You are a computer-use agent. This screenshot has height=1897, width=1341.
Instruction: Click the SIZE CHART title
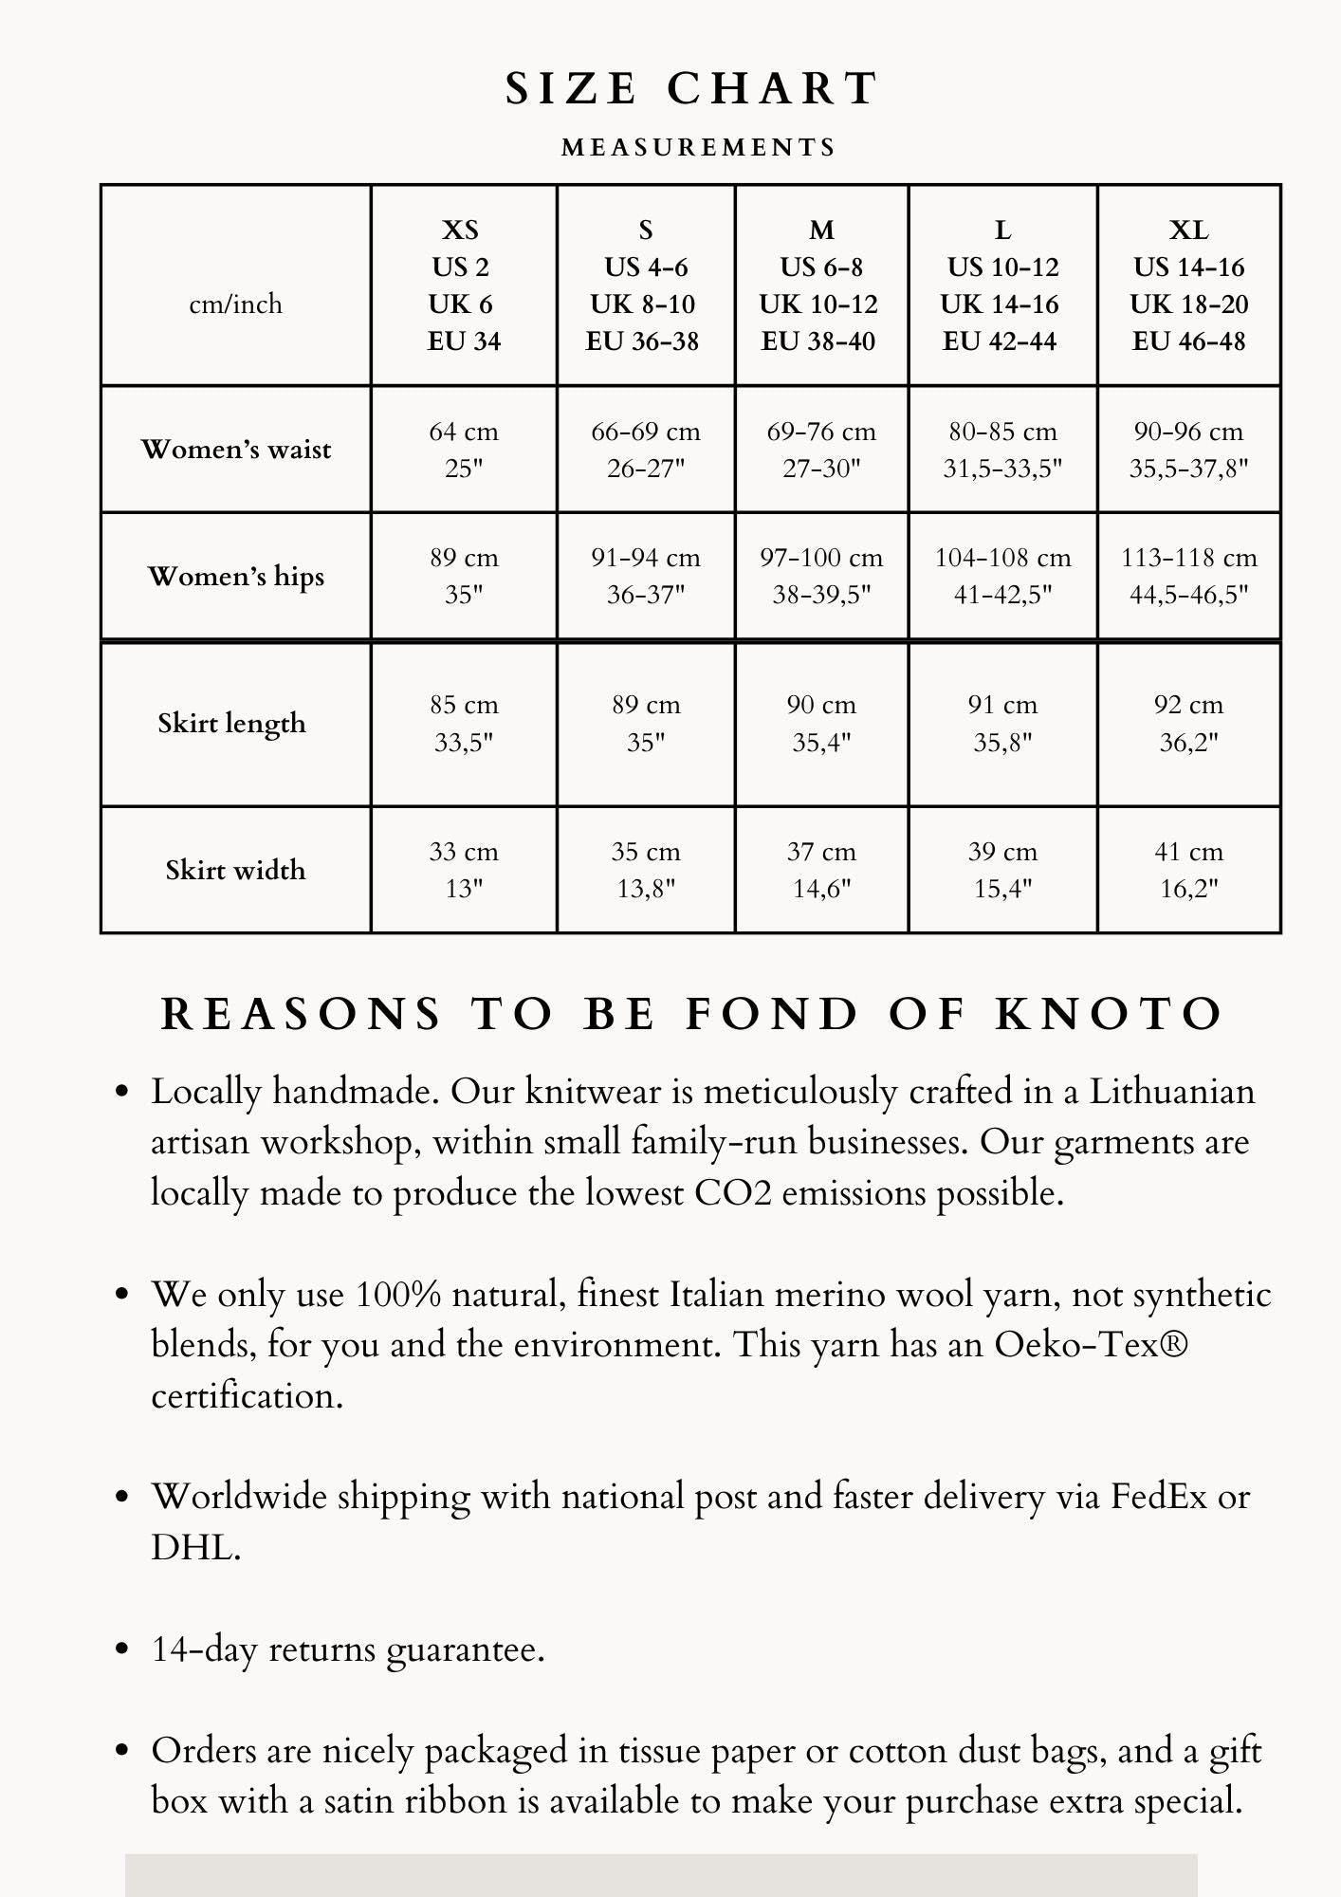691,89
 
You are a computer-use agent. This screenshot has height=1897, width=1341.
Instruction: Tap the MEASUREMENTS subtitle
699,148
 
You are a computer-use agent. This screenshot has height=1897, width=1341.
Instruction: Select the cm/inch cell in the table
235,304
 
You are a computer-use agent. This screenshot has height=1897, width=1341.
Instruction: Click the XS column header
463,285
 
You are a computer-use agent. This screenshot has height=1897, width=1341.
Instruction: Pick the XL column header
1188,285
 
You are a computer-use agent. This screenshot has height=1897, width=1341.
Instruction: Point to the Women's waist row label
236,449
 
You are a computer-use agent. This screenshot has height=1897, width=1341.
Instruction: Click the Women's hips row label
236,576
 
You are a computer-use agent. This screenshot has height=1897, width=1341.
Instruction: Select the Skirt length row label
232,723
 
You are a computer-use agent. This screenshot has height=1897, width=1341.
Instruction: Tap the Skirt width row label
235,870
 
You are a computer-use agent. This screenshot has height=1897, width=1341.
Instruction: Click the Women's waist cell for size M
821,450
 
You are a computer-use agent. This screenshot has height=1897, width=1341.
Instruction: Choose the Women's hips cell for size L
1002,576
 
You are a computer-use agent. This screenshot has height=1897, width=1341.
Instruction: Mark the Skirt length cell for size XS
463,723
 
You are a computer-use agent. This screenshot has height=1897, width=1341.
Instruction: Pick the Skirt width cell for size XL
1188,870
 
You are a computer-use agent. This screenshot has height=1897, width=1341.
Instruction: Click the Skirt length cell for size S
646,723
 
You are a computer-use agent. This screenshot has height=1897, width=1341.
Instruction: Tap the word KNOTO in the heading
1110,1014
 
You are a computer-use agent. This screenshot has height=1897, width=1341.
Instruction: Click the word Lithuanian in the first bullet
1171,1092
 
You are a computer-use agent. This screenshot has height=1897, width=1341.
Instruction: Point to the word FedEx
1158,1497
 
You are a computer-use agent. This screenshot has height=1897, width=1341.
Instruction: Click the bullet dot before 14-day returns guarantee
121,1650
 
